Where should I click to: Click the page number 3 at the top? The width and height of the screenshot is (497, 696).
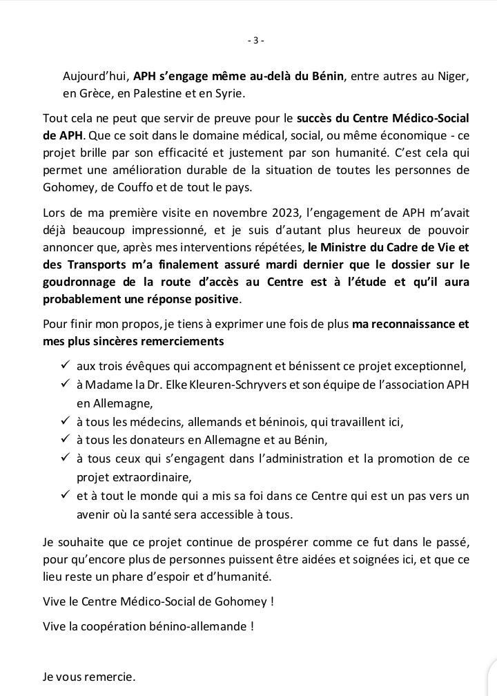point(255,40)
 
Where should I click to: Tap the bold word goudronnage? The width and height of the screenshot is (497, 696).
point(75,283)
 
